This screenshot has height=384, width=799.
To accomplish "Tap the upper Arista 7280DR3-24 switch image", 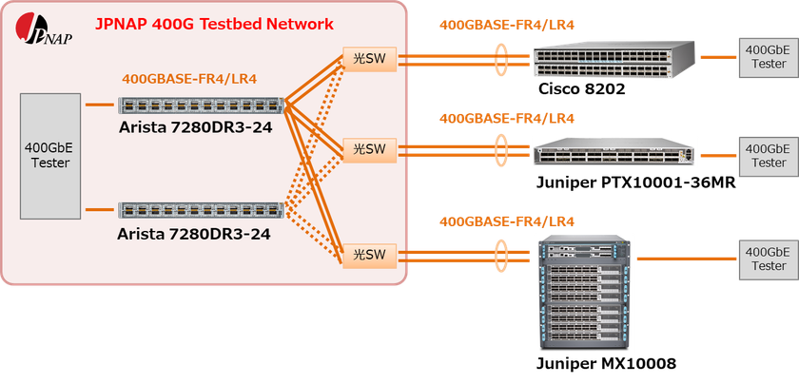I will [x=203, y=106].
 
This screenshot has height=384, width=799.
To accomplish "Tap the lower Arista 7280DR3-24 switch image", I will [x=203, y=211].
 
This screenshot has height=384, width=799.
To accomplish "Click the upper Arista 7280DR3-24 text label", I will [x=195, y=126].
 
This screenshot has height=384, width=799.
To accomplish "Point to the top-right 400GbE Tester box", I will [x=767, y=57].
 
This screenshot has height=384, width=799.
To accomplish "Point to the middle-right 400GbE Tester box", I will [x=767, y=156].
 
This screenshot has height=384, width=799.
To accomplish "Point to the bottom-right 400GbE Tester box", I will [x=767, y=259].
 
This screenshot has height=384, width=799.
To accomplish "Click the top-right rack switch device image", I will [x=614, y=60].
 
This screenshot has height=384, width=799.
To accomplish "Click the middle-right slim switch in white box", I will [x=614, y=152].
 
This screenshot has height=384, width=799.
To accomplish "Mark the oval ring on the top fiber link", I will [x=501, y=60].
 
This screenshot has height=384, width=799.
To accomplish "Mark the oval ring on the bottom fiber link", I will [x=501, y=255].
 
